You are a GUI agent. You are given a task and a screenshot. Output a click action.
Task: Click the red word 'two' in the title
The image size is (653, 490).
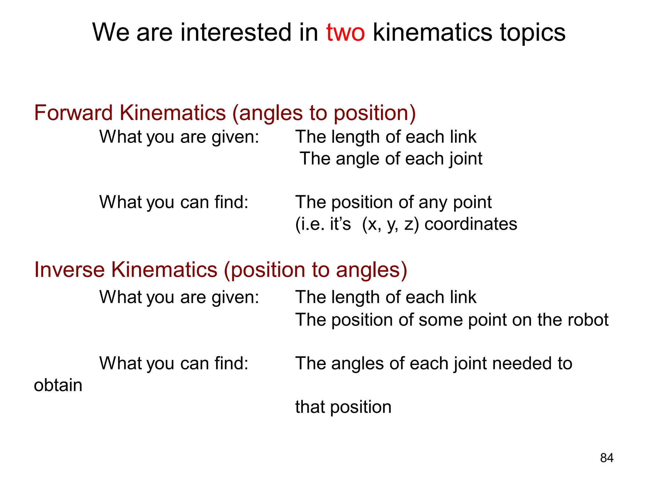tap(345, 33)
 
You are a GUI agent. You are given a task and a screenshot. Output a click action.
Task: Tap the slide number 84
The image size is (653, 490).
tap(606, 458)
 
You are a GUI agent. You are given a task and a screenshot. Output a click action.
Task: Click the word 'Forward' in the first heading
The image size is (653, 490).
tap(73, 113)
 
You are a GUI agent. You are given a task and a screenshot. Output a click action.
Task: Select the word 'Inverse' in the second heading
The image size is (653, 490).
tap(69, 270)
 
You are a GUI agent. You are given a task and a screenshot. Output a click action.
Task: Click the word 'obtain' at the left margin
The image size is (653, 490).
tap(58, 385)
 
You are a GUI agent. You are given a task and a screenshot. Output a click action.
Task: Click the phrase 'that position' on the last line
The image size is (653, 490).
tap(343, 407)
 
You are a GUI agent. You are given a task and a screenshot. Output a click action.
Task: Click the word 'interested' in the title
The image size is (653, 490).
tap(236, 33)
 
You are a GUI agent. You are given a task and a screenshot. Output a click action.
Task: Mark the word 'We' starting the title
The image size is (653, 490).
tap(111, 33)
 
